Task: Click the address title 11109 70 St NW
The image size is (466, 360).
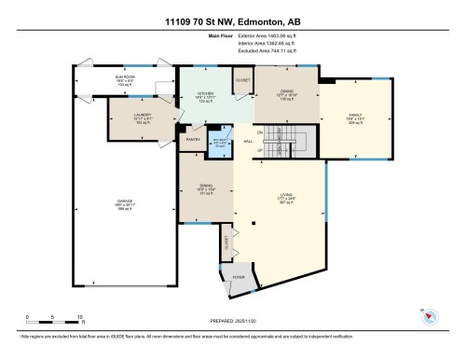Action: point(232,21)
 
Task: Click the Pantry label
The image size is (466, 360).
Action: point(195,139)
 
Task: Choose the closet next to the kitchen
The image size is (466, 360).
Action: point(241,81)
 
